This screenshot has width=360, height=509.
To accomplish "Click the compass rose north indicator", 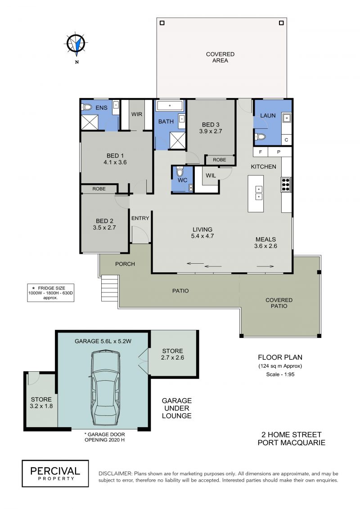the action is click(76, 45).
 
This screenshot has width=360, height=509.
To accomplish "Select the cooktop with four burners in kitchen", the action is click(286, 185).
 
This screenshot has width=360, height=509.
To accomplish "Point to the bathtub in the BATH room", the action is click(170, 106).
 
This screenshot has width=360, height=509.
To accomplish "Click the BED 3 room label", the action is click(211, 128).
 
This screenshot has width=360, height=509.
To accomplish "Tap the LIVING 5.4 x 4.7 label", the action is click(202, 233).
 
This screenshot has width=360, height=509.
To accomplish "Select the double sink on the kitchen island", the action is click(259, 193).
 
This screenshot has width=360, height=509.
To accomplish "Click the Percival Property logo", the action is click(55, 473).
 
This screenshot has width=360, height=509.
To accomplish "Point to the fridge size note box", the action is click(51, 293).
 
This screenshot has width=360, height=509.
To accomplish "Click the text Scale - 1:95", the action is click(280, 374).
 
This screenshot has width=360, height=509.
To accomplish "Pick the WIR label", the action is click(137, 114).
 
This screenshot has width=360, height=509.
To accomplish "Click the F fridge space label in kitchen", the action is click(261, 152).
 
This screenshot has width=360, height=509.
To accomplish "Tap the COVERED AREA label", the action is click(220, 58).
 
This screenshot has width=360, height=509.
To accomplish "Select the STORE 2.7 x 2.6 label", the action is click(172, 354).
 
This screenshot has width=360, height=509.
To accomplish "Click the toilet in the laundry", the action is click(260, 137).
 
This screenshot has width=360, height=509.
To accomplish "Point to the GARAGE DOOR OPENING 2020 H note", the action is click(104, 437).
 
